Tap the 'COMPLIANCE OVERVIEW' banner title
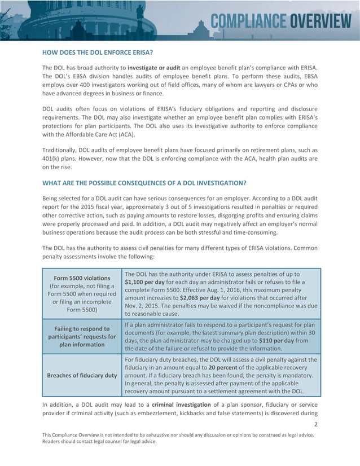click(x=280, y=22)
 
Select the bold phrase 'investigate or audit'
click(x=154, y=68)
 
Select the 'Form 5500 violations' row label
click(x=82, y=278)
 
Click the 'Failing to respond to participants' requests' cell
click(x=82, y=337)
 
